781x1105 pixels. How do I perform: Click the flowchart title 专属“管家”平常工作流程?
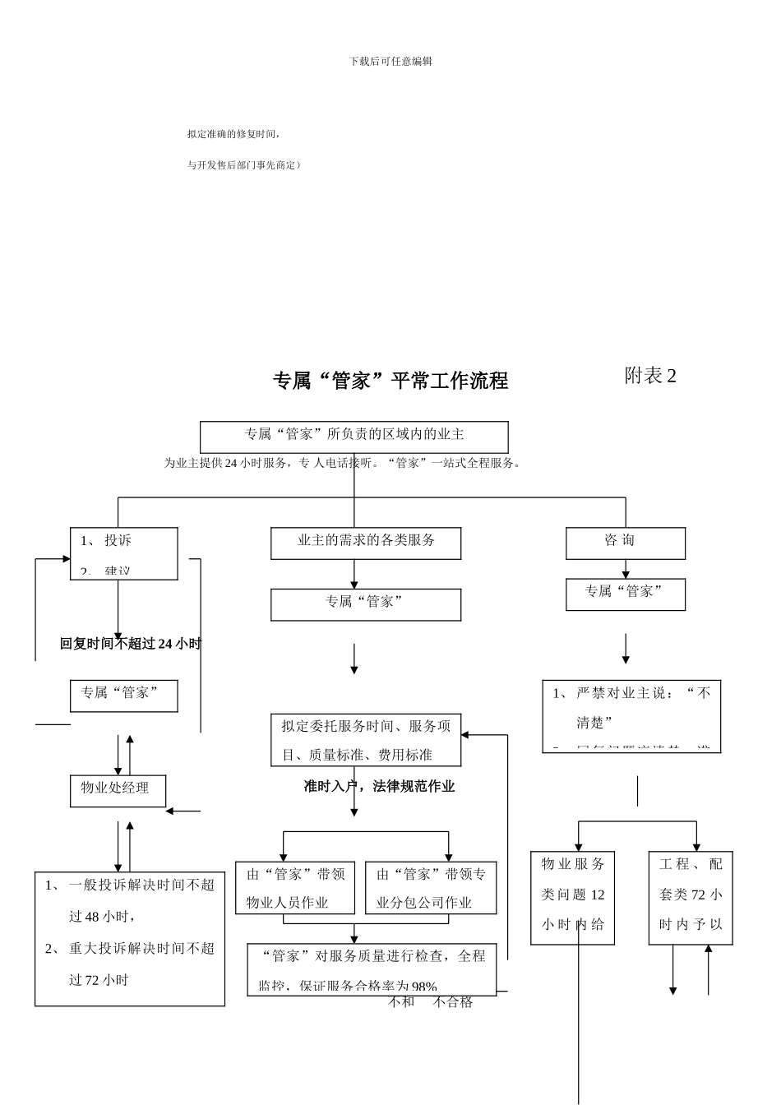tap(390, 381)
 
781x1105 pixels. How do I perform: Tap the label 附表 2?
tap(650, 376)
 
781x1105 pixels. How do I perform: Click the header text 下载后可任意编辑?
tap(390, 61)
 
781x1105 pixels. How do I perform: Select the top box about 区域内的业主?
tap(354, 436)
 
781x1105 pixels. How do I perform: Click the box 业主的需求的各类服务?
tap(366, 543)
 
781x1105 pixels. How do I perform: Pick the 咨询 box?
tap(625, 543)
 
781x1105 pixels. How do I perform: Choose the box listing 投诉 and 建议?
tap(124, 553)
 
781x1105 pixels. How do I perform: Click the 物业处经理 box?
tap(118, 790)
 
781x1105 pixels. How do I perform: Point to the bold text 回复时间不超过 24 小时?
tap(130, 644)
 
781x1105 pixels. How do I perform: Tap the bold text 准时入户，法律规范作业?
tap(379, 786)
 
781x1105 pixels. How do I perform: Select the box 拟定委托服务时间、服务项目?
tap(366, 740)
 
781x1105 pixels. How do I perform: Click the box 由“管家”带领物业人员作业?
tap(295, 888)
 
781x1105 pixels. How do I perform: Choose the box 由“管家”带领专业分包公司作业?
tap(431, 888)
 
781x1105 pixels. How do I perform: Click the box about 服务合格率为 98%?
tap(372, 970)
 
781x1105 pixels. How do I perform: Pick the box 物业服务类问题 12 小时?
tap(572, 898)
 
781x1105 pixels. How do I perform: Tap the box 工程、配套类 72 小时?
tap(691, 898)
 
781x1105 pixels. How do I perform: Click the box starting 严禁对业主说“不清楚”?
tap(631, 715)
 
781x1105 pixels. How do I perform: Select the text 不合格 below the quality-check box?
tap(453, 1002)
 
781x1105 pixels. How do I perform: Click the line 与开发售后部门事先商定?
tap(244, 165)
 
